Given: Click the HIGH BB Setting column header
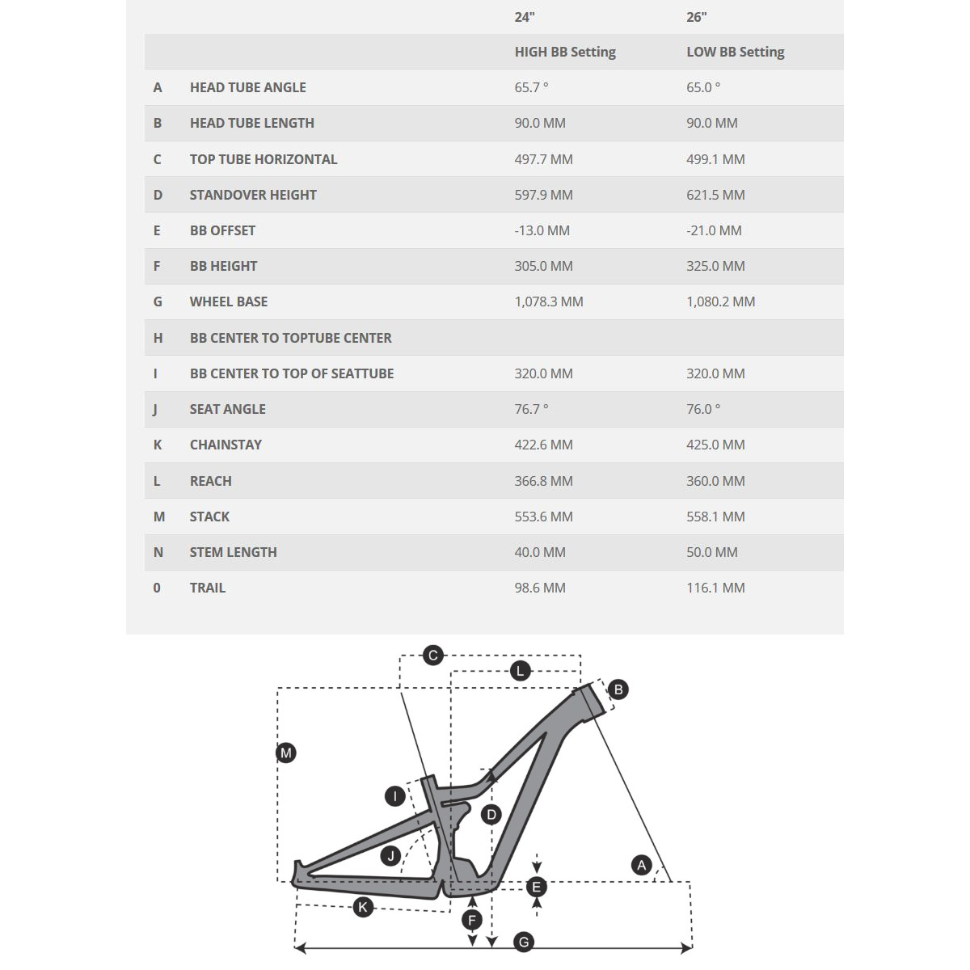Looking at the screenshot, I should click(x=565, y=52).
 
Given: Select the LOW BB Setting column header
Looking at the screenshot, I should click(x=735, y=52).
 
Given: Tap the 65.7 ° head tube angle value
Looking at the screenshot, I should click(x=531, y=87).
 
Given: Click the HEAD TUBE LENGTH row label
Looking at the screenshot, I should click(x=251, y=123).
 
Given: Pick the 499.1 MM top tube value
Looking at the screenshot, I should click(x=715, y=159).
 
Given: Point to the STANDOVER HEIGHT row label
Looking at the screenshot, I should click(x=253, y=195).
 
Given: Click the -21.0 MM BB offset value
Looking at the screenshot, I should click(x=714, y=230).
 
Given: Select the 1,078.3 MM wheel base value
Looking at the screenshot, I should click(x=549, y=302).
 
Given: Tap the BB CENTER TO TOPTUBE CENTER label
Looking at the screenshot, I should click(x=290, y=338).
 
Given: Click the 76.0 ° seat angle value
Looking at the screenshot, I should click(x=703, y=409).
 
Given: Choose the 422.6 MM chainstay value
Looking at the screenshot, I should click(x=543, y=445).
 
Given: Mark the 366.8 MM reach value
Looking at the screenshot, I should click(x=543, y=481).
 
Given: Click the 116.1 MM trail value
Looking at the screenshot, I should click(x=715, y=588).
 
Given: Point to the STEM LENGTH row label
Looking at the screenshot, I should click(x=233, y=552).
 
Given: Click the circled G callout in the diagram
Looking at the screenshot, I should click(x=524, y=942).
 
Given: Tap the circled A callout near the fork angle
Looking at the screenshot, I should click(x=642, y=866).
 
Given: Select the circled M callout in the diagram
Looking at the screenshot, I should click(x=286, y=753).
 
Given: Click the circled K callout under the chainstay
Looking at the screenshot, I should click(x=363, y=907).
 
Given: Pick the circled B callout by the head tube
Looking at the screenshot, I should click(x=618, y=690).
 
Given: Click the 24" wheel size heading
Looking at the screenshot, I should click(x=525, y=17).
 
